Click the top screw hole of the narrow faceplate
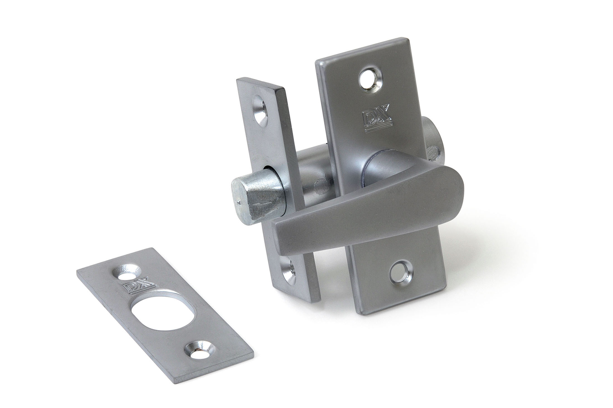coord(261,112)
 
